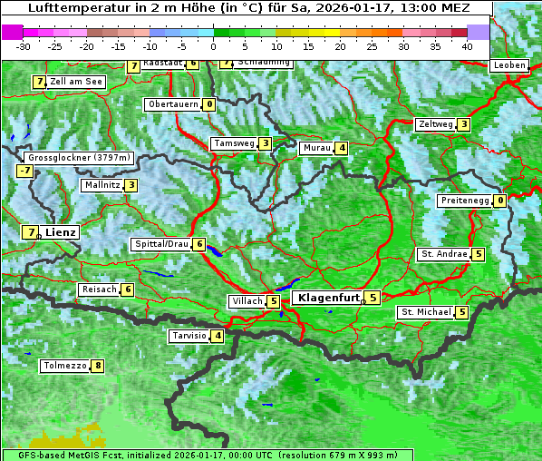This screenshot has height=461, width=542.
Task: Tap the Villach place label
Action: (x=247, y=301)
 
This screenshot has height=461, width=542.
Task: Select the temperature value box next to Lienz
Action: (x=31, y=232)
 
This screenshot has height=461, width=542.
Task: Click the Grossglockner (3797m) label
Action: (x=79, y=158)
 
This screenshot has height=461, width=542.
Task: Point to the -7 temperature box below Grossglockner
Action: (x=24, y=171)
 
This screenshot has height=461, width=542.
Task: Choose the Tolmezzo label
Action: (x=64, y=367)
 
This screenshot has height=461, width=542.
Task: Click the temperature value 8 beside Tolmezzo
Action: (x=98, y=367)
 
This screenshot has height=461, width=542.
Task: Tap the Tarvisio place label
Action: (x=189, y=336)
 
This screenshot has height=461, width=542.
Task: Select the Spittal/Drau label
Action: (x=161, y=244)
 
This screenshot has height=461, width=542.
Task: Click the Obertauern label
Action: (x=173, y=104)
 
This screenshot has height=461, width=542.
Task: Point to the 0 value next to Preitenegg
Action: (x=500, y=201)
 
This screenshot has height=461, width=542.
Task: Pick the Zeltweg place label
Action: (x=434, y=124)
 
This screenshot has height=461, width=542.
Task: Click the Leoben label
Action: (x=508, y=65)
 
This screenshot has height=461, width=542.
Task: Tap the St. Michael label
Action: (x=426, y=312)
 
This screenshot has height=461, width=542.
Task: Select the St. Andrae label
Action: (x=443, y=254)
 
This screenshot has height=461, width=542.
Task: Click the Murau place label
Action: (x=316, y=148)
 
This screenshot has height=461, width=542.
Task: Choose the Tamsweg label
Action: (x=233, y=143)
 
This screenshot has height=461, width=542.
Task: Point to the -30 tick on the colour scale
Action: (x=24, y=46)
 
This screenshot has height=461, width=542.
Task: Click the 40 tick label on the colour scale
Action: (x=467, y=46)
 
